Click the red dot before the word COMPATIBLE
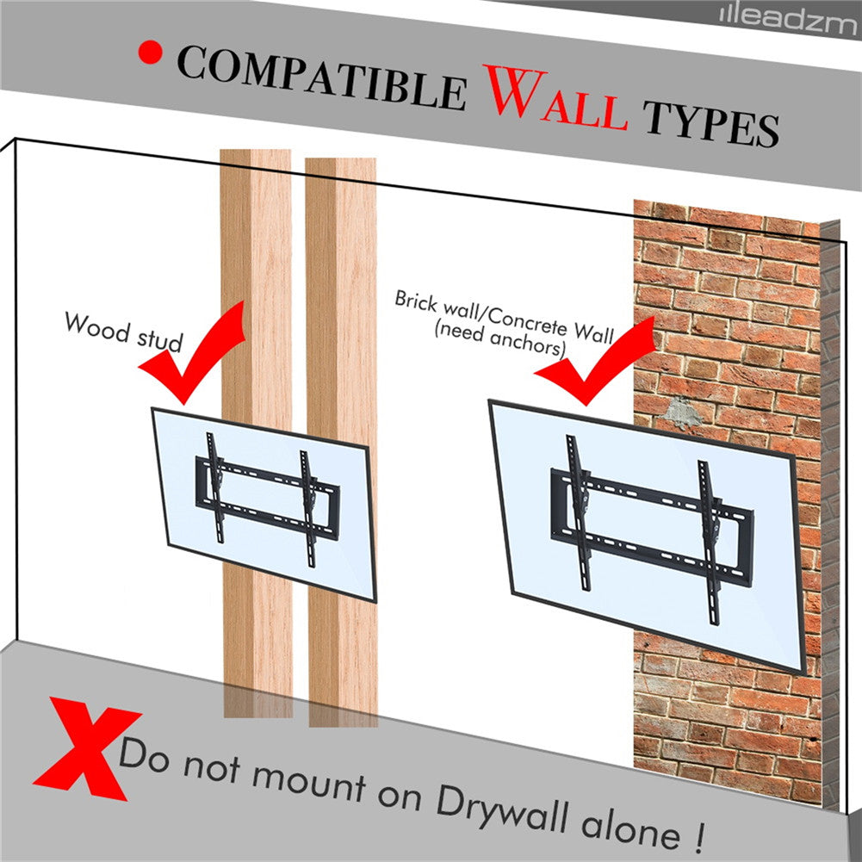pyautogui.click(x=150, y=53)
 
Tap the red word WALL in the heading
pyautogui.click(x=555, y=99)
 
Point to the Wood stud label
pyautogui.click(x=123, y=332)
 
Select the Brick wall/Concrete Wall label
pyautogui.click(x=504, y=317)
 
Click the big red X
pyautogui.click(x=87, y=748)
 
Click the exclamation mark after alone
pyautogui.click(x=698, y=835)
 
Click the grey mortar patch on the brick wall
pyautogui.click(x=679, y=413)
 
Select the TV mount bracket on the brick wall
pyautogui.click(x=652, y=527)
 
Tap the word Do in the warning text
pyautogui.click(x=144, y=755)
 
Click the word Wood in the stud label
pyautogui.click(x=96, y=327)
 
